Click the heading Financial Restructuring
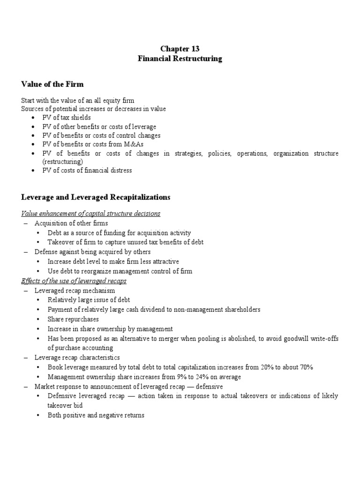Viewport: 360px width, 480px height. (180, 59)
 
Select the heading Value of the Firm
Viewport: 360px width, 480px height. (52, 84)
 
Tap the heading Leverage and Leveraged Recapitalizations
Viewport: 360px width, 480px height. (96, 197)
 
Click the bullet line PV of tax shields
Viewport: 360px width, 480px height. (69, 118)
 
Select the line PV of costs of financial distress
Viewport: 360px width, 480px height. (90, 170)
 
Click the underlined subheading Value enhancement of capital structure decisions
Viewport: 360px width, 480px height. (91, 214)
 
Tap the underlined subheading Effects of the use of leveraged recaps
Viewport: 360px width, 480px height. (74, 281)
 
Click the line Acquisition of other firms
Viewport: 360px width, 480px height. (71, 223)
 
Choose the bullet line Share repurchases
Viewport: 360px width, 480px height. (72, 319)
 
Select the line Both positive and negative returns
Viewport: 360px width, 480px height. (96, 415)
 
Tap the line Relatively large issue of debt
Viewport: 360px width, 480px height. (89, 300)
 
